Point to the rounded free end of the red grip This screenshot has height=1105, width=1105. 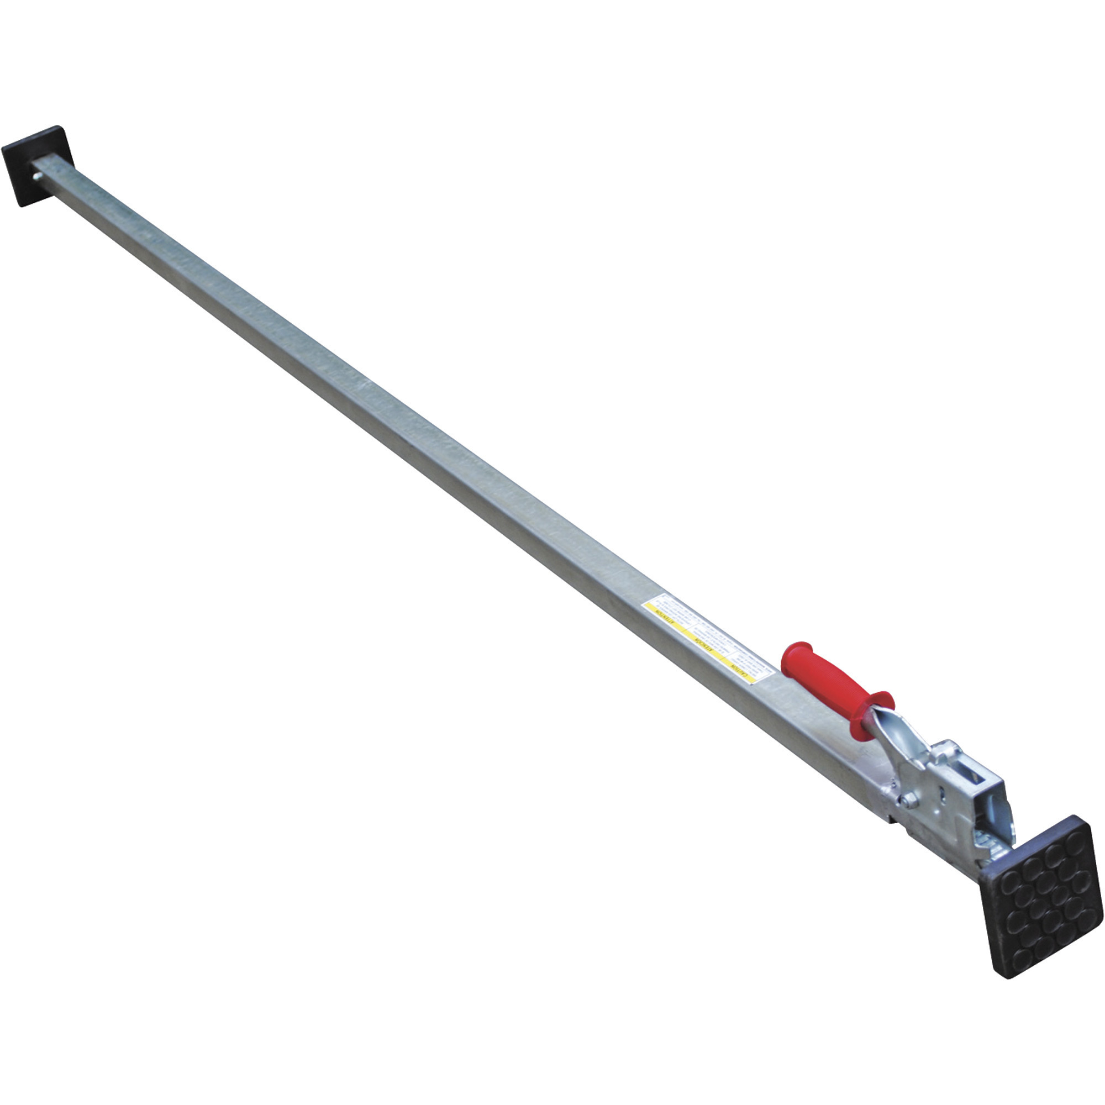pos(793,652)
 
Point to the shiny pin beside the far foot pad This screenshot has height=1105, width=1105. pos(38,178)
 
